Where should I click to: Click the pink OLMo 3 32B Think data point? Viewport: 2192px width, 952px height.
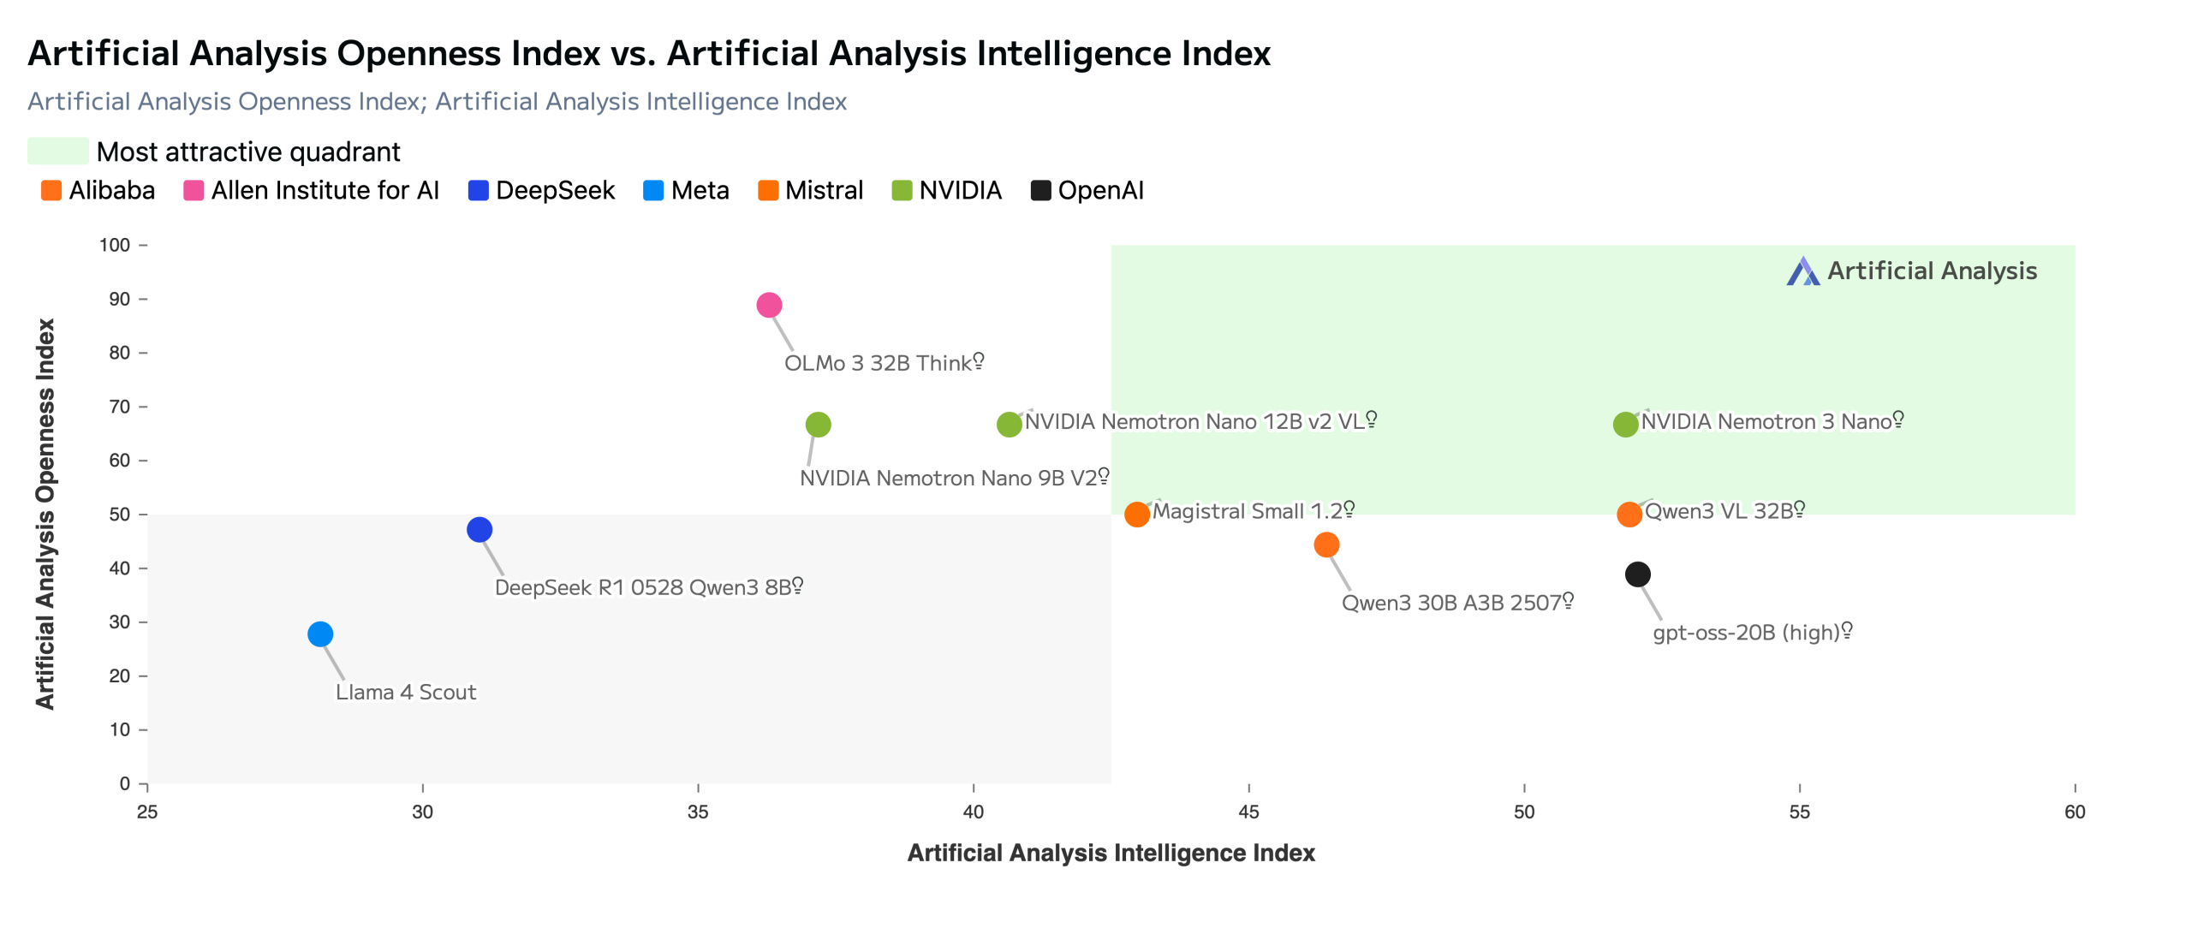[769, 305]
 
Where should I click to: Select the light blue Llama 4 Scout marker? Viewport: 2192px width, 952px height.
[320, 634]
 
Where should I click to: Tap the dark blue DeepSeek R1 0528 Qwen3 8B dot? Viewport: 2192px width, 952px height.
[479, 530]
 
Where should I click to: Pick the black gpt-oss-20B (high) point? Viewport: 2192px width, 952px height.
[1637, 574]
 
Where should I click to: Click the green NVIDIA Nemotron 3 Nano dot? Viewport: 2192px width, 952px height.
[1625, 425]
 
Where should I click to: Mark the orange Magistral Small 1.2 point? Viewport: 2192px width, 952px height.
[1136, 515]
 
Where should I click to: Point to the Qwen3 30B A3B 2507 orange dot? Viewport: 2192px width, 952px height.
[1326, 545]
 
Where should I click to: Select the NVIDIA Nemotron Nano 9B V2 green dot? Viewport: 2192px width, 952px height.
[818, 425]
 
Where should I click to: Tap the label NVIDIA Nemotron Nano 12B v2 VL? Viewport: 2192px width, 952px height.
[1194, 421]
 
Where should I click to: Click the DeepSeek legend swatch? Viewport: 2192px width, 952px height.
[478, 190]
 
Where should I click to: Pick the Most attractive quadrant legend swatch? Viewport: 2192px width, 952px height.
[58, 151]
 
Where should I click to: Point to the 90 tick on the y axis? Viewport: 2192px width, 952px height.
[120, 299]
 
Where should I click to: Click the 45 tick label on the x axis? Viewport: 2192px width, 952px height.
[1248, 812]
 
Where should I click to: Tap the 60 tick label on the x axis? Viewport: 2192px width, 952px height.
[2074, 812]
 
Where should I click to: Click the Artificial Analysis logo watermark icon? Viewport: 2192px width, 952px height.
[1802, 271]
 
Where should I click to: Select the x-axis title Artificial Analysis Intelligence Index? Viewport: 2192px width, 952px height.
[1111, 853]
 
